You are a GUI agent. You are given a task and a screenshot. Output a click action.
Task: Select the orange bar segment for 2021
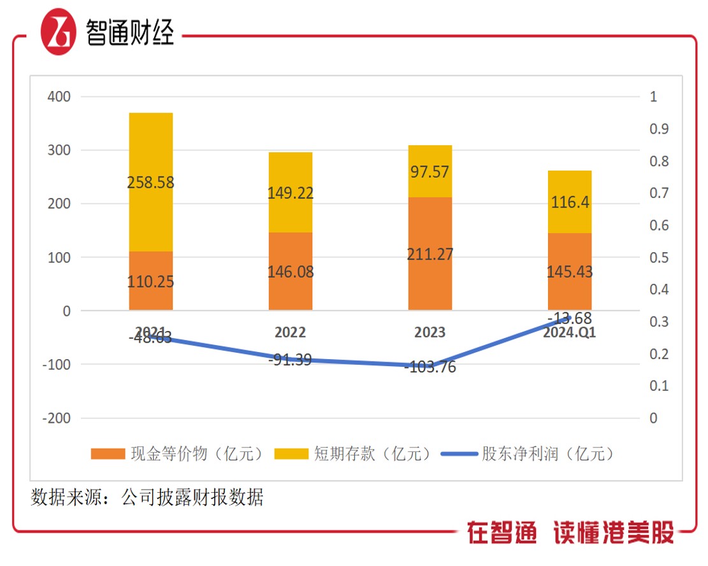tap(151, 281)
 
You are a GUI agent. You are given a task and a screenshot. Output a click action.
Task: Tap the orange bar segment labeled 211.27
tap(430, 253)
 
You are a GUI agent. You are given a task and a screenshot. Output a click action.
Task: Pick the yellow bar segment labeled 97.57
tap(430, 171)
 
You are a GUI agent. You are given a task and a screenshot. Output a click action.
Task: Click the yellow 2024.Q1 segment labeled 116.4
tap(570, 202)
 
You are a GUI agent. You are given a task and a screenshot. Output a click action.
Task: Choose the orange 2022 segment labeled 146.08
tap(291, 271)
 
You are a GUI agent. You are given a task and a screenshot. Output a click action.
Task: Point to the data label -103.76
tap(430, 367)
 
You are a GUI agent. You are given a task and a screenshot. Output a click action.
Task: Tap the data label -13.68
tap(570, 318)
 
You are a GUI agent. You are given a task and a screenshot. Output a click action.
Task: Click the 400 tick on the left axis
tap(58, 97)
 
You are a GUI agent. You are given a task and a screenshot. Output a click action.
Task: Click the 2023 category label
tap(430, 332)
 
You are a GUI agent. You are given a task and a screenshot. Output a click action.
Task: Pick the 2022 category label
tap(291, 332)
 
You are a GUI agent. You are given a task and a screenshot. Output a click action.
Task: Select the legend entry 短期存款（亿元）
tap(353, 454)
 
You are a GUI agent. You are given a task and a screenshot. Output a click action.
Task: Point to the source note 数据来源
tap(147, 497)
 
